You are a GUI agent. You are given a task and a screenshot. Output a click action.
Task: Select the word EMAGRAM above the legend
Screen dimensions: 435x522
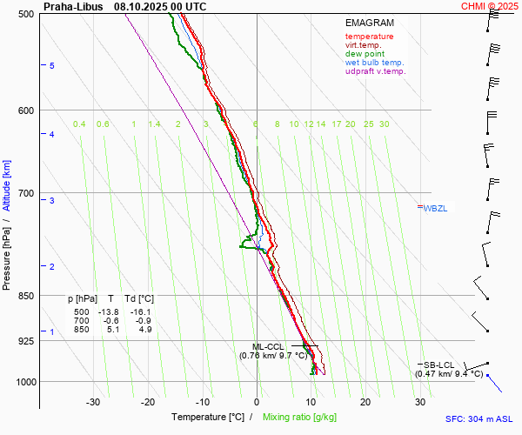tap(369, 23)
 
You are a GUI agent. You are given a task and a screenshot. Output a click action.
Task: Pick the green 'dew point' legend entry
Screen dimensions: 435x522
tap(365, 54)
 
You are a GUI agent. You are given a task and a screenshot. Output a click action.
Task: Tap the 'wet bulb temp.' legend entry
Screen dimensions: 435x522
tap(374, 63)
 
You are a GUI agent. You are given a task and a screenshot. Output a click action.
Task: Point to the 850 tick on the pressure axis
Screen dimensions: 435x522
tap(26, 296)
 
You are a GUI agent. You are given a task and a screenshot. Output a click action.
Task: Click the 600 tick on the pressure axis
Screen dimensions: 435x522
tap(26, 110)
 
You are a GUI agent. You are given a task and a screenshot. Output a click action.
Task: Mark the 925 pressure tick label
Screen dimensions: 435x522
tap(26, 341)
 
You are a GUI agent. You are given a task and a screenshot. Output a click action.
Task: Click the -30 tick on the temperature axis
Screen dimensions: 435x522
tap(93, 402)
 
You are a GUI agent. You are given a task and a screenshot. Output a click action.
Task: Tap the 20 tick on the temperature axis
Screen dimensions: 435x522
tap(365, 402)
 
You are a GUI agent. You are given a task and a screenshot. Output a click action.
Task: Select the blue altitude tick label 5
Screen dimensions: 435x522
tap(52, 66)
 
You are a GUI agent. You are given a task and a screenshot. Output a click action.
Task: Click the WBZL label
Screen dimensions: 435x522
tap(435, 208)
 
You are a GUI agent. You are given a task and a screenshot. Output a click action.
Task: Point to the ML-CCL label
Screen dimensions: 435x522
tap(268, 346)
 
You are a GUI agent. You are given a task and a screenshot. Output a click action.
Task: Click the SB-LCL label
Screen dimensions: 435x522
tap(438, 365)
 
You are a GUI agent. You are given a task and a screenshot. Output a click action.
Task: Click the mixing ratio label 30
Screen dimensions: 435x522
tap(384, 124)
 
